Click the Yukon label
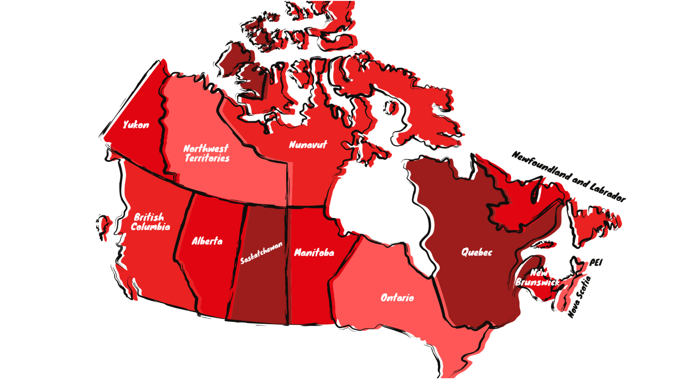pyautogui.click(x=136, y=125)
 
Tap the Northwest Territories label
pyautogui.click(x=206, y=153)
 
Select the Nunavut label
pyautogui.click(x=308, y=145)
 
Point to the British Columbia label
pyautogui.click(x=150, y=222)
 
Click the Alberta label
pyautogui.click(x=207, y=241)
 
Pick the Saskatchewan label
pyautogui.click(x=261, y=253)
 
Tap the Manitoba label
pyautogui.click(x=314, y=253)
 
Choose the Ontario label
pyautogui.click(x=397, y=298)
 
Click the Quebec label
pyautogui.click(x=477, y=252)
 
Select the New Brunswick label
pyautogui.click(x=537, y=278)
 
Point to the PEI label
pyautogui.click(x=596, y=262)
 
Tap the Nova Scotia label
pyautogui.click(x=579, y=297)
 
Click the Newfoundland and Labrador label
pyautogui.click(x=569, y=176)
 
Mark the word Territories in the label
pyautogui.click(x=207, y=158)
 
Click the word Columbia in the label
pyautogui.click(x=151, y=227)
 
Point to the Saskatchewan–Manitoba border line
pyautogui.click(x=287, y=266)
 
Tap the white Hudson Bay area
pyautogui.click(x=376, y=200)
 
